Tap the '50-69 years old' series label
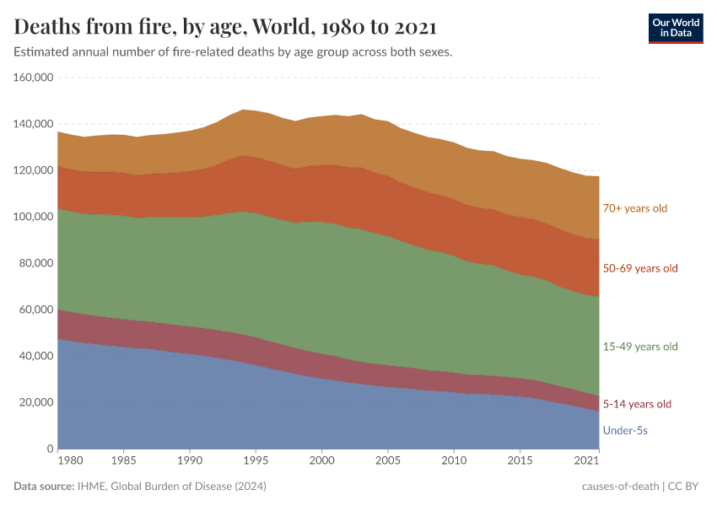640,268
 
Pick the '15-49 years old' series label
640,347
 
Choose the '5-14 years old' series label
637,404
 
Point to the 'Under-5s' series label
625,431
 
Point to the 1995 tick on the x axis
256,462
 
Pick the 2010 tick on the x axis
454,462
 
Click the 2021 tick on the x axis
588,462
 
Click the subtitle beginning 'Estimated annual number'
234,52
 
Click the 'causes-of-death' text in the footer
620,487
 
